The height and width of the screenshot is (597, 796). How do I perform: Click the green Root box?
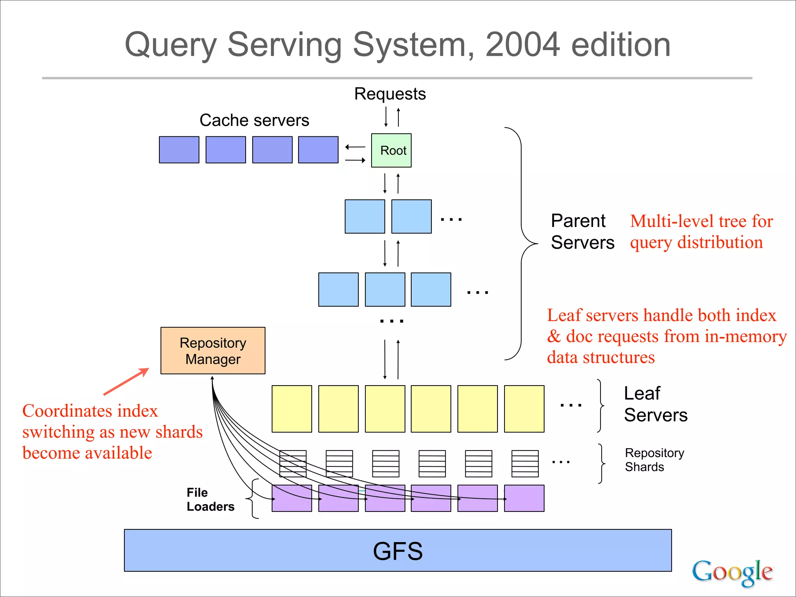(x=391, y=150)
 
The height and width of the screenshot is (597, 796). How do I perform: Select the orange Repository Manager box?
(x=213, y=351)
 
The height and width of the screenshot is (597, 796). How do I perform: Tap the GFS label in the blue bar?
(x=398, y=551)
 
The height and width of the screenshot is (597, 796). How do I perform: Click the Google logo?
(x=732, y=572)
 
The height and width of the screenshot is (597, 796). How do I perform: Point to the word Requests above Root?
(x=390, y=94)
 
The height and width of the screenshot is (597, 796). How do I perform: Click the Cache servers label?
(x=254, y=120)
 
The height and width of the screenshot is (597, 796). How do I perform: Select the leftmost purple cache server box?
(x=179, y=150)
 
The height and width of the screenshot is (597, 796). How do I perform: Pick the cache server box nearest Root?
(x=318, y=150)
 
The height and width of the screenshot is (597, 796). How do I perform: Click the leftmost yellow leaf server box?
(x=292, y=409)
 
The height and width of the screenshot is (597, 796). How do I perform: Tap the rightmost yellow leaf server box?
(x=524, y=409)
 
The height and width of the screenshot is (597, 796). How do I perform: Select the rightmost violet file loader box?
(x=524, y=498)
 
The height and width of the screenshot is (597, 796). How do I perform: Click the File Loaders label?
(x=210, y=499)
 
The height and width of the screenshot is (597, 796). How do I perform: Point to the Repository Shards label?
(x=654, y=460)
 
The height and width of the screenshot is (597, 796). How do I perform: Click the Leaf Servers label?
(x=655, y=404)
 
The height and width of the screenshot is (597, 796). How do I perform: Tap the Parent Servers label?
(x=582, y=232)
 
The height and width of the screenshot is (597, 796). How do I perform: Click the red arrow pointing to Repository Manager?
(x=126, y=382)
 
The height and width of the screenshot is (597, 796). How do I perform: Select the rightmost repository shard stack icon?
(x=525, y=464)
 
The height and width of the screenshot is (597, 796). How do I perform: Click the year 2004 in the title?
(x=522, y=45)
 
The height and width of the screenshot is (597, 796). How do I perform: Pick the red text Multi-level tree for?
(x=701, y=221)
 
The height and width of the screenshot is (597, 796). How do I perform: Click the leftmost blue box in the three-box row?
(x=338, y=290)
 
